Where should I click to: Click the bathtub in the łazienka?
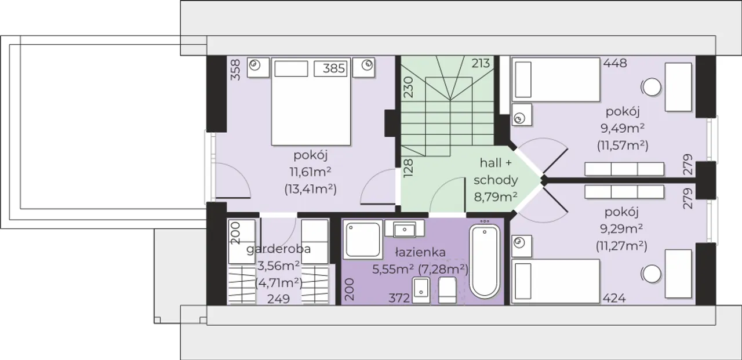pyautogui.click(x=485, y=261)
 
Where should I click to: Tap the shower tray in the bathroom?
pyautogui.click(x=362, y=240)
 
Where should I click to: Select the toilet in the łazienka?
pyautogui.click(x=447, y=290)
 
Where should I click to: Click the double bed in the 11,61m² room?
pyautogui.click(x=311, y=101)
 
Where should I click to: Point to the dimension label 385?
pyautogui.click(x=334, y=68)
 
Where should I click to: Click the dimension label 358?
pyautogui.click(x=235, y=70)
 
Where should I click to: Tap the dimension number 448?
pyautogui.click(x=615, y=63)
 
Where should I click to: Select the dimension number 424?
pyautogui.click(x=614, y=299)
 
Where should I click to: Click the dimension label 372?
pyautogui.click(x=399, y=299)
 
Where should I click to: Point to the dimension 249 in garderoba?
pyautogui.click(x=279, y=299)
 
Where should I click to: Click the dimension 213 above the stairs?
pyautogui.click(x=481, y=63)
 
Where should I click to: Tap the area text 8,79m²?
pyautogui.click(x=496, y=197)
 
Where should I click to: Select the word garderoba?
pyautogui.click(x=279, y=249)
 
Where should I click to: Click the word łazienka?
pyautogui.click(x=420, y=252)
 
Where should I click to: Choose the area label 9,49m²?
pyautogui.click(x=623, y=128)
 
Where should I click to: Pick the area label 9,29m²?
pyautogui.click(x=621, y=228)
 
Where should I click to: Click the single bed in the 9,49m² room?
pyautogui.click(x=556, y=79)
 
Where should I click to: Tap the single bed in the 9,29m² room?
pyautogui.click(x=555, y=281)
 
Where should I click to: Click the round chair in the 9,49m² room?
pyautogui.click(x=652, y=87)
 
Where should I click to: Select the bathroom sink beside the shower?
pyautogui.click(x=405, y=229)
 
